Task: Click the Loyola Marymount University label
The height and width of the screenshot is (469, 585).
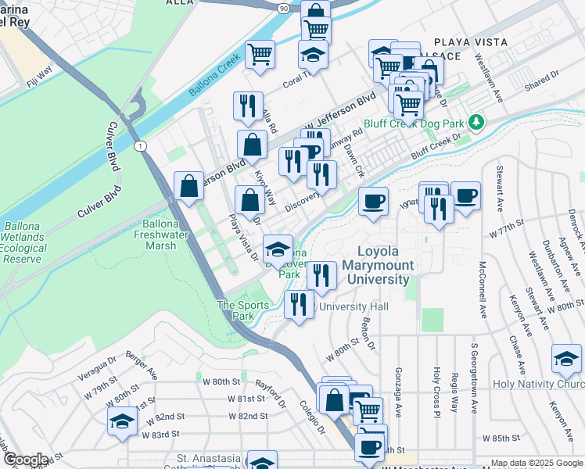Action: point(385,265)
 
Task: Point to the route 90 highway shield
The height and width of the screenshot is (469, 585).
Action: point(282,7)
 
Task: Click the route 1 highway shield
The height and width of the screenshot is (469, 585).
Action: point(139,146)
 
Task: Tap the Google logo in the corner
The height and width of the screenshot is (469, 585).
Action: point(26,460)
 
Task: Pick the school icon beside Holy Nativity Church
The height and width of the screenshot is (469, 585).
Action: point(566,359)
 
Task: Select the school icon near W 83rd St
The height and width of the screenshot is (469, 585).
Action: point(122,421)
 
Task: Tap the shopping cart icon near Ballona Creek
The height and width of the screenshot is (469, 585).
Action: point(260,54)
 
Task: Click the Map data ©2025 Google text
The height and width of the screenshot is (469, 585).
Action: point(536,463)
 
